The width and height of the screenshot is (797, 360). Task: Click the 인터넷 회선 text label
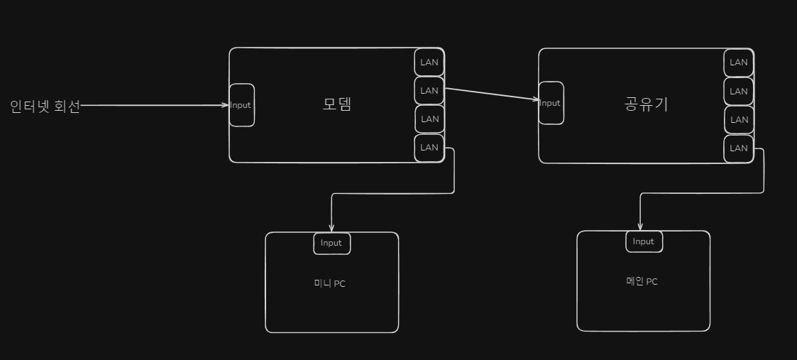[x=45, y=107]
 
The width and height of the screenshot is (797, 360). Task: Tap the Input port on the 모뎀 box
[x=241, y=105]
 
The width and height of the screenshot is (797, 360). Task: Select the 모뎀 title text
[x=337, y=104]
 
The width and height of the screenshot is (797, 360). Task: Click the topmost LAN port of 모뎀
[x=429, y=62]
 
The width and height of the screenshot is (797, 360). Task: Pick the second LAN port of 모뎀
[x=429, y=91]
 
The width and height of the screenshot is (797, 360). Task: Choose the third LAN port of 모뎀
[x=429, y=119]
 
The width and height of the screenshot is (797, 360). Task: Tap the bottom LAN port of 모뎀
[x=429, y=148]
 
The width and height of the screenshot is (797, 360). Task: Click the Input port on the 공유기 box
[x=551, y=103]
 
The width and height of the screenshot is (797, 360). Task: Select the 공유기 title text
[x=646, y=105]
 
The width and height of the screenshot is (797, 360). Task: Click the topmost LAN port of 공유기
[x=739, y=62]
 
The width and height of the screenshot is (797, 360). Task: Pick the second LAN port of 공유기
[x=739, y=92]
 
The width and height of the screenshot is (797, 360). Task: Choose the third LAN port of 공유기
[x=739, y=120]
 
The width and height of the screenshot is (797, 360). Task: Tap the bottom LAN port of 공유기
[x=739, y=148]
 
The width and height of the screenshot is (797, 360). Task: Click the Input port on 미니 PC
[x=331, y=243]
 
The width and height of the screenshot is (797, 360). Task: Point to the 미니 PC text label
[x=330, y=284]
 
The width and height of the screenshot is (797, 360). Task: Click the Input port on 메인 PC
[x=644, y=241]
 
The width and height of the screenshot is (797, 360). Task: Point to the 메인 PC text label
[x=637, y=281]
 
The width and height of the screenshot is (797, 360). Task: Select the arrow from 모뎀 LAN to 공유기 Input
[x=491, y=94]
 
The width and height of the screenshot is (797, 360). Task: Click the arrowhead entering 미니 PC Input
[x=331, y=227]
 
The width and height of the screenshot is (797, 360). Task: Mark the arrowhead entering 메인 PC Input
[x=640, y=226]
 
